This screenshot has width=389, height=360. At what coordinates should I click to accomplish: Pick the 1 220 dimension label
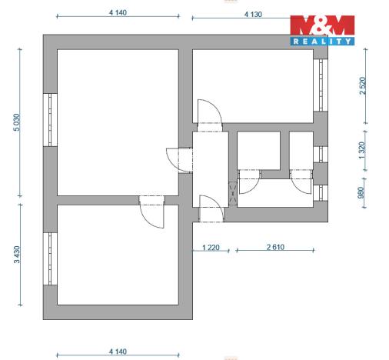(211, 246)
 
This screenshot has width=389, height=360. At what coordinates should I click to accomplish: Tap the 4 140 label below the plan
(118, 350)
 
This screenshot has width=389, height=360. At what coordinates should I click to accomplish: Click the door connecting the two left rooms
(151, 209)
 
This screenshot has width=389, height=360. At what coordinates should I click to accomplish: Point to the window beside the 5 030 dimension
(50, 120)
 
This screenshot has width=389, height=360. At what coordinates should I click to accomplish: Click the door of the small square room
(251, 182)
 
